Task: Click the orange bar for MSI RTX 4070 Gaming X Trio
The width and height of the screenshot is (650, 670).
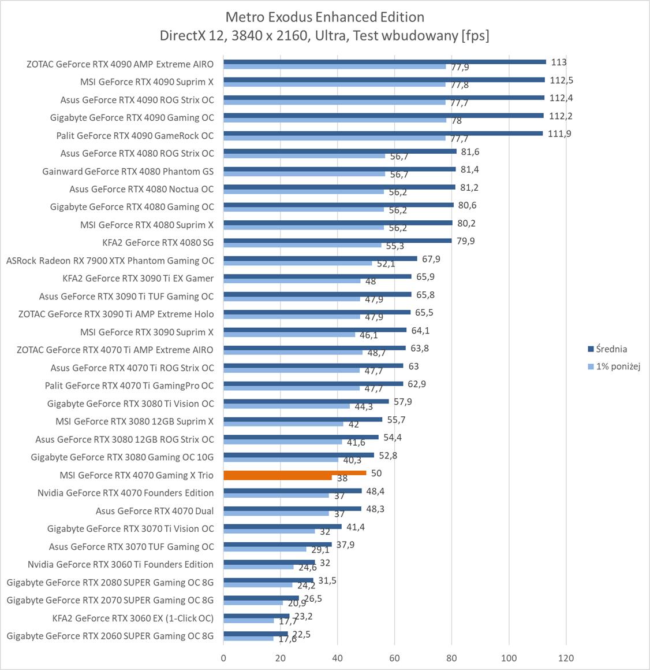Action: (x=294, y=473)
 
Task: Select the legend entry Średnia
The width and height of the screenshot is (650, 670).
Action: (x=611, y=349)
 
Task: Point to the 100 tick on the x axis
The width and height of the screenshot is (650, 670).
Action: (x=509, y=658)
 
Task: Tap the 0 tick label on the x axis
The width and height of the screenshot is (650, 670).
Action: (x=223, y=658)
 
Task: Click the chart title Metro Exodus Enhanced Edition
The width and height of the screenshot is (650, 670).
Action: (x=324, y=17)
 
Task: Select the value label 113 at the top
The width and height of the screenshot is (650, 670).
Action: (x=559, y=62)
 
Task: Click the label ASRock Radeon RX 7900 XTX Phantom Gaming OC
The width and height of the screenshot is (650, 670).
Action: (x=110, y=260)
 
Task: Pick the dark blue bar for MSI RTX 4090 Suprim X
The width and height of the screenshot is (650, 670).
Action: (x=384, y=80)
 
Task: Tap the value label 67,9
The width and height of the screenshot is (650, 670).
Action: (x=431, y=259)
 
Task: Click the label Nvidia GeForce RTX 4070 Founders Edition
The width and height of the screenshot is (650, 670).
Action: (x=125, y=493)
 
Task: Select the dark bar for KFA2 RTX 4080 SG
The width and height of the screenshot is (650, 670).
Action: (x=337, y=241)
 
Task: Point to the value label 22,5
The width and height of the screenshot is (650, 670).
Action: (x=301, y=634)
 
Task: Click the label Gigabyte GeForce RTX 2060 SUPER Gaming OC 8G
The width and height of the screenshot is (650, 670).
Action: (x=110, y=636)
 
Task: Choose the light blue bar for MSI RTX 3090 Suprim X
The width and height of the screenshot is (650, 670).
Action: (x=289, y=335)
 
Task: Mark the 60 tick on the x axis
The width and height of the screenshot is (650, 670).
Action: (x=394, y=658)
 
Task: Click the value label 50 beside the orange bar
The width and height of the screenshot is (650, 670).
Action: (x=376, y=473)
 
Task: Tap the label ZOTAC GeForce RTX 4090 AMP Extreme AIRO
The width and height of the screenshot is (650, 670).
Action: (x=119, y=64)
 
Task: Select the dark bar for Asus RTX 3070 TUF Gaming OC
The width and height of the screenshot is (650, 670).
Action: (x=277, y=545)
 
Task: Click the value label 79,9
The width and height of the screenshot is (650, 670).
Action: (x=465, y=241)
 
